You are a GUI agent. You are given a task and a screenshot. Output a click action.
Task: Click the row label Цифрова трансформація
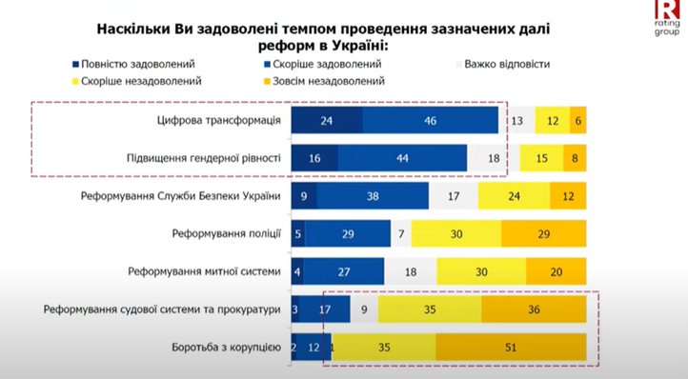pos(218,121)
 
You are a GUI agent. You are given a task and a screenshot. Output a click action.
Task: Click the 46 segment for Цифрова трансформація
pos(431,121)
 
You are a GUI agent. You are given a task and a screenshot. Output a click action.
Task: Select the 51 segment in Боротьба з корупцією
pos(511,348)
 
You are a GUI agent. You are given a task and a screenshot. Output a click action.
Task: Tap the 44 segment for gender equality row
pos(402,159)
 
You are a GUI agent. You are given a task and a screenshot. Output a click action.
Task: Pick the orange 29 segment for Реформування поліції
pos(544,233)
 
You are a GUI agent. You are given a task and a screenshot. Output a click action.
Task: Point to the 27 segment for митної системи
pos(344,271)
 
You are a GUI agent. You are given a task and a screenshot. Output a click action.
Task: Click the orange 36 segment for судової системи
pos(534,309)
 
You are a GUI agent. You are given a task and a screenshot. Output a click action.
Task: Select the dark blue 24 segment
pos(326,121)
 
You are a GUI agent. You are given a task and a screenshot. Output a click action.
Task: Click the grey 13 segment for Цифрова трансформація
pos(517,121)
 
